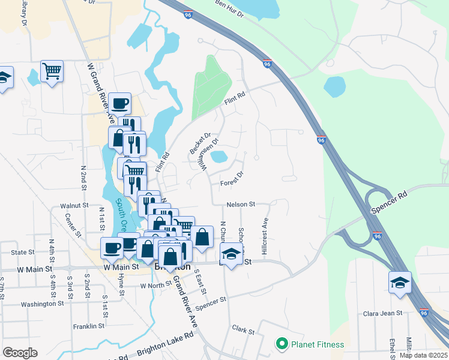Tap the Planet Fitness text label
(318, 344)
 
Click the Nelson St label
(241, 205)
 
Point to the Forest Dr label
(232, 178)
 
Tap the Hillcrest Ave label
(264, 231)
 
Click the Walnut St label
(74, 205)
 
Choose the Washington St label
(42, 304)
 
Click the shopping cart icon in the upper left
(52, 71)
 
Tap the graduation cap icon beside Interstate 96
(400, 282)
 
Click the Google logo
(20, 353)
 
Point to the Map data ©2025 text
(423, 355)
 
